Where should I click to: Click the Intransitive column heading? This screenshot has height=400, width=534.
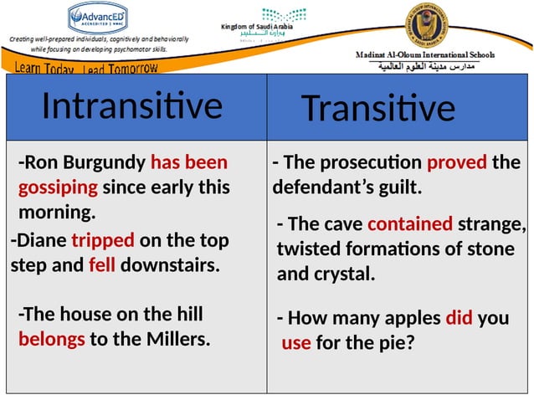pyautogui.click(x=131, y=105)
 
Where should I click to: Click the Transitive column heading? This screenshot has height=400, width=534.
pyautogui.click(x=377, y=108)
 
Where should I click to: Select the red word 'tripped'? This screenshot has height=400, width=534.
pyautogui.click(x=102, y=241)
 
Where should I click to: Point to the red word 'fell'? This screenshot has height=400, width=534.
pyautogui.click(x=104, y=266)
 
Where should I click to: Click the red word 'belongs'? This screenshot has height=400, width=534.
pyautogui.click(x=51, y=340)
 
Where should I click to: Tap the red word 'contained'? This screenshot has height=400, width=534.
pyautogui.click(x=410, y=223)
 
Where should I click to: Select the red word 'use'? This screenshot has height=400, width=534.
pyautogui.click(x=296, y=342)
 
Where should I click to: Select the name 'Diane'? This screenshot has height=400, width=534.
pyautogui.click(x=39, y=241)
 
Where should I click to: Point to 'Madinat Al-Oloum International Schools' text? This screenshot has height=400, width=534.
pyautogui.click(x=424, y=55)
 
